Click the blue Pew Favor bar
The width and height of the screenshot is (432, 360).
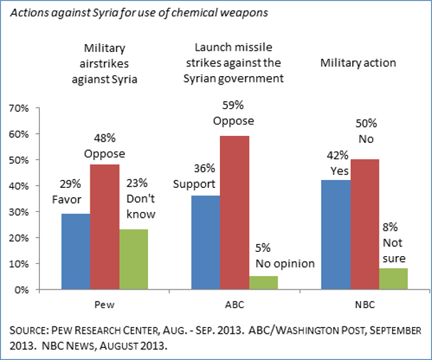(x=75, y=252)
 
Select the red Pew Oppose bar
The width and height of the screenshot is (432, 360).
(x=105, y=227)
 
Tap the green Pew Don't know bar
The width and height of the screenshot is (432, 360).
(x=134, y=260)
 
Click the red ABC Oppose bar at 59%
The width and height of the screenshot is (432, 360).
(x=233, y=213)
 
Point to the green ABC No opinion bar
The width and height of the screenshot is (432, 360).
(x=263, y=283)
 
